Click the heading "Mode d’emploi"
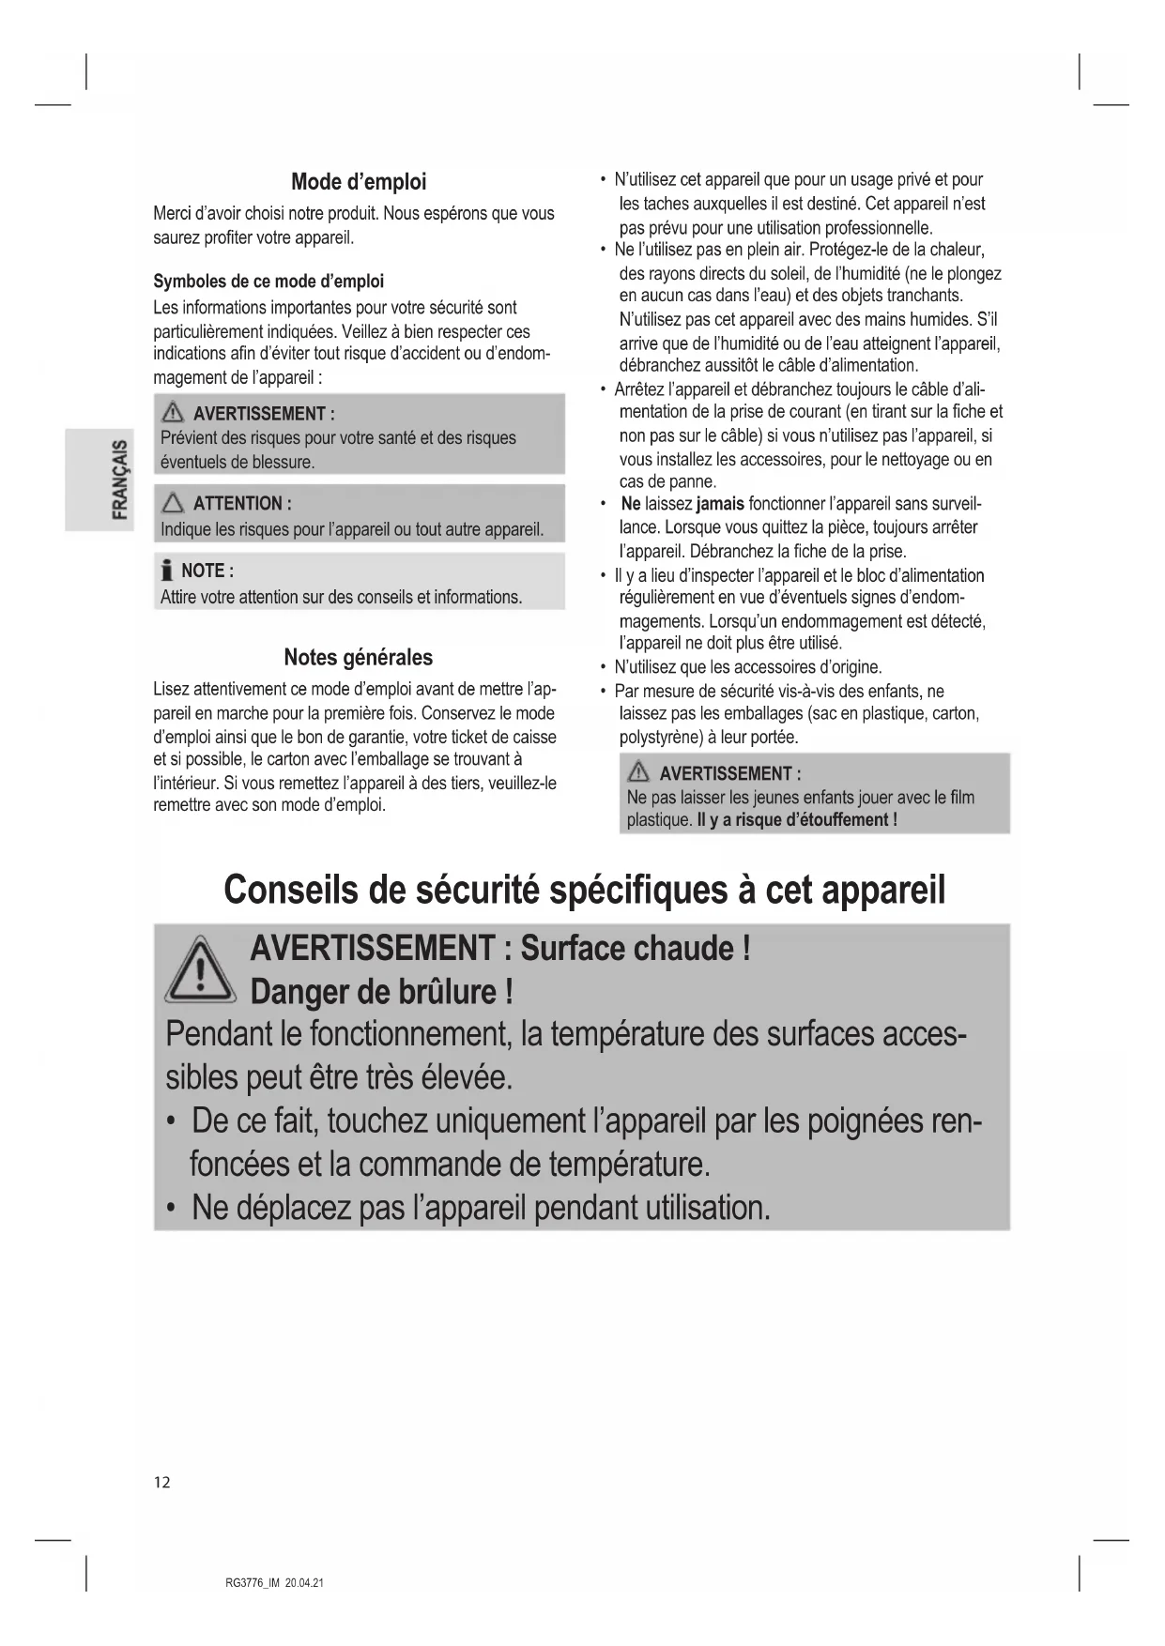[x=358, y=181]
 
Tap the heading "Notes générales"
[x=358, y=657]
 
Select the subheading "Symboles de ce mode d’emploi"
[x=268, y=282]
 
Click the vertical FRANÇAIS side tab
[x=119, y=479]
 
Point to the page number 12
[x=162, y=1482]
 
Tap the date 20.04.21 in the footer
[x=304, y=1582]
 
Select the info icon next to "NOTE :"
[x=167, y=571]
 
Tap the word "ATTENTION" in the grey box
[x=237, y=503]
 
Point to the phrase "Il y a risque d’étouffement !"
[x=797, y=819]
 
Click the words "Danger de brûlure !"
[x=381, y=992]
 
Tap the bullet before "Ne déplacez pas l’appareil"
[x=170, y=1208]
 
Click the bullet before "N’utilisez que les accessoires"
[x=603, y=668]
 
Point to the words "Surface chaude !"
[x=636, y=948]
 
